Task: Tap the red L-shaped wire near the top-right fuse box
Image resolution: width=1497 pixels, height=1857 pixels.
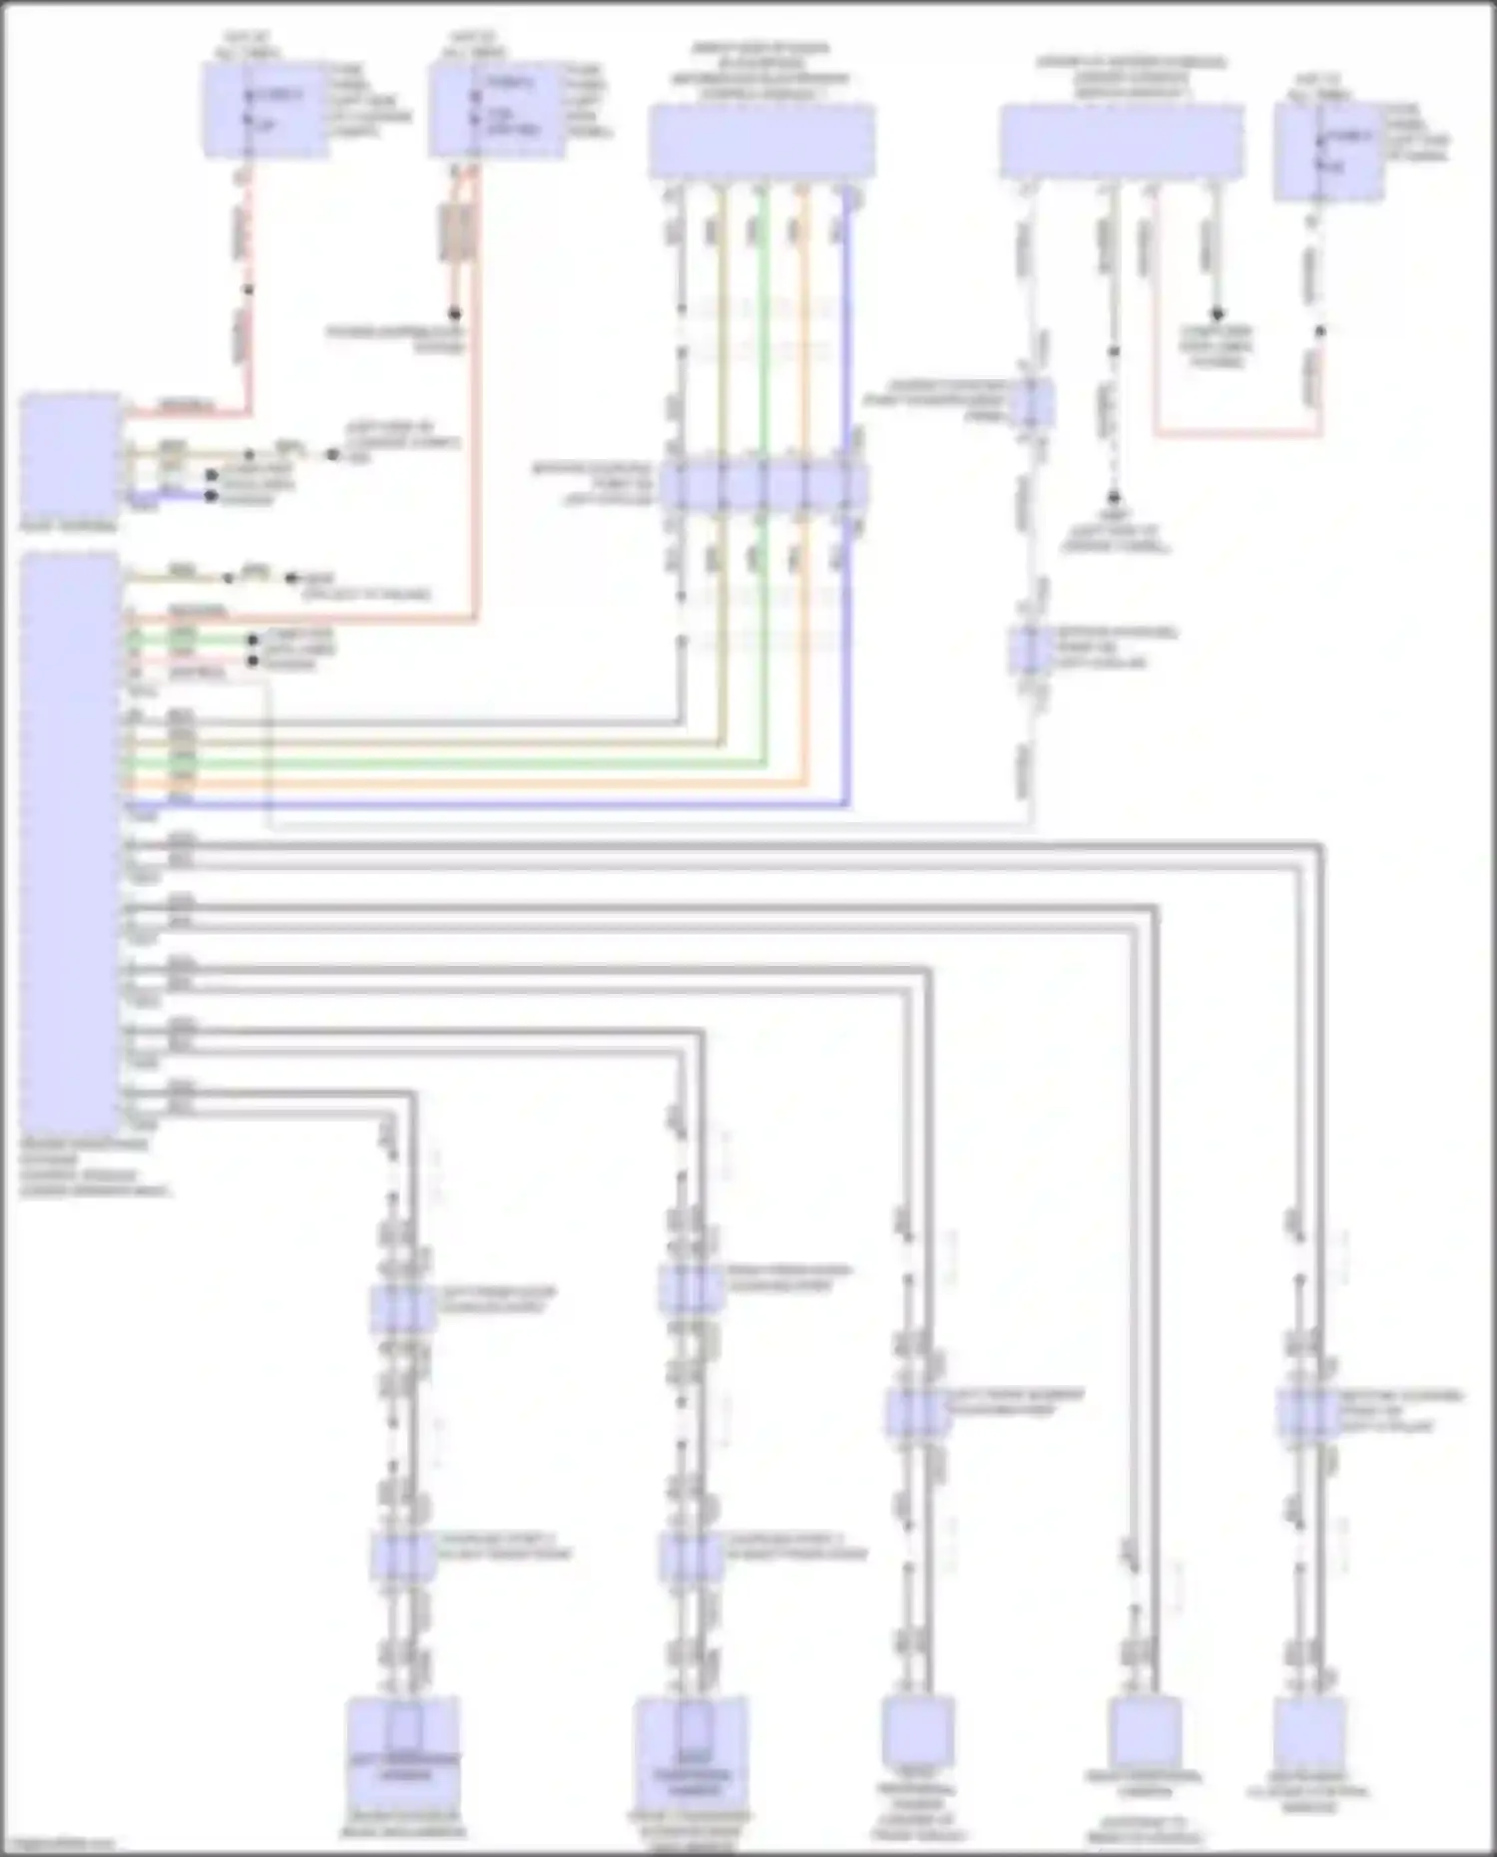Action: [x=1238, y=434]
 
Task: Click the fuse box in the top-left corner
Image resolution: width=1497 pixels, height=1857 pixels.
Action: [x=265, y=110]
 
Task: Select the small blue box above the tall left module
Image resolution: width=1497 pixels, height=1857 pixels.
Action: [x=70, y=454]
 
